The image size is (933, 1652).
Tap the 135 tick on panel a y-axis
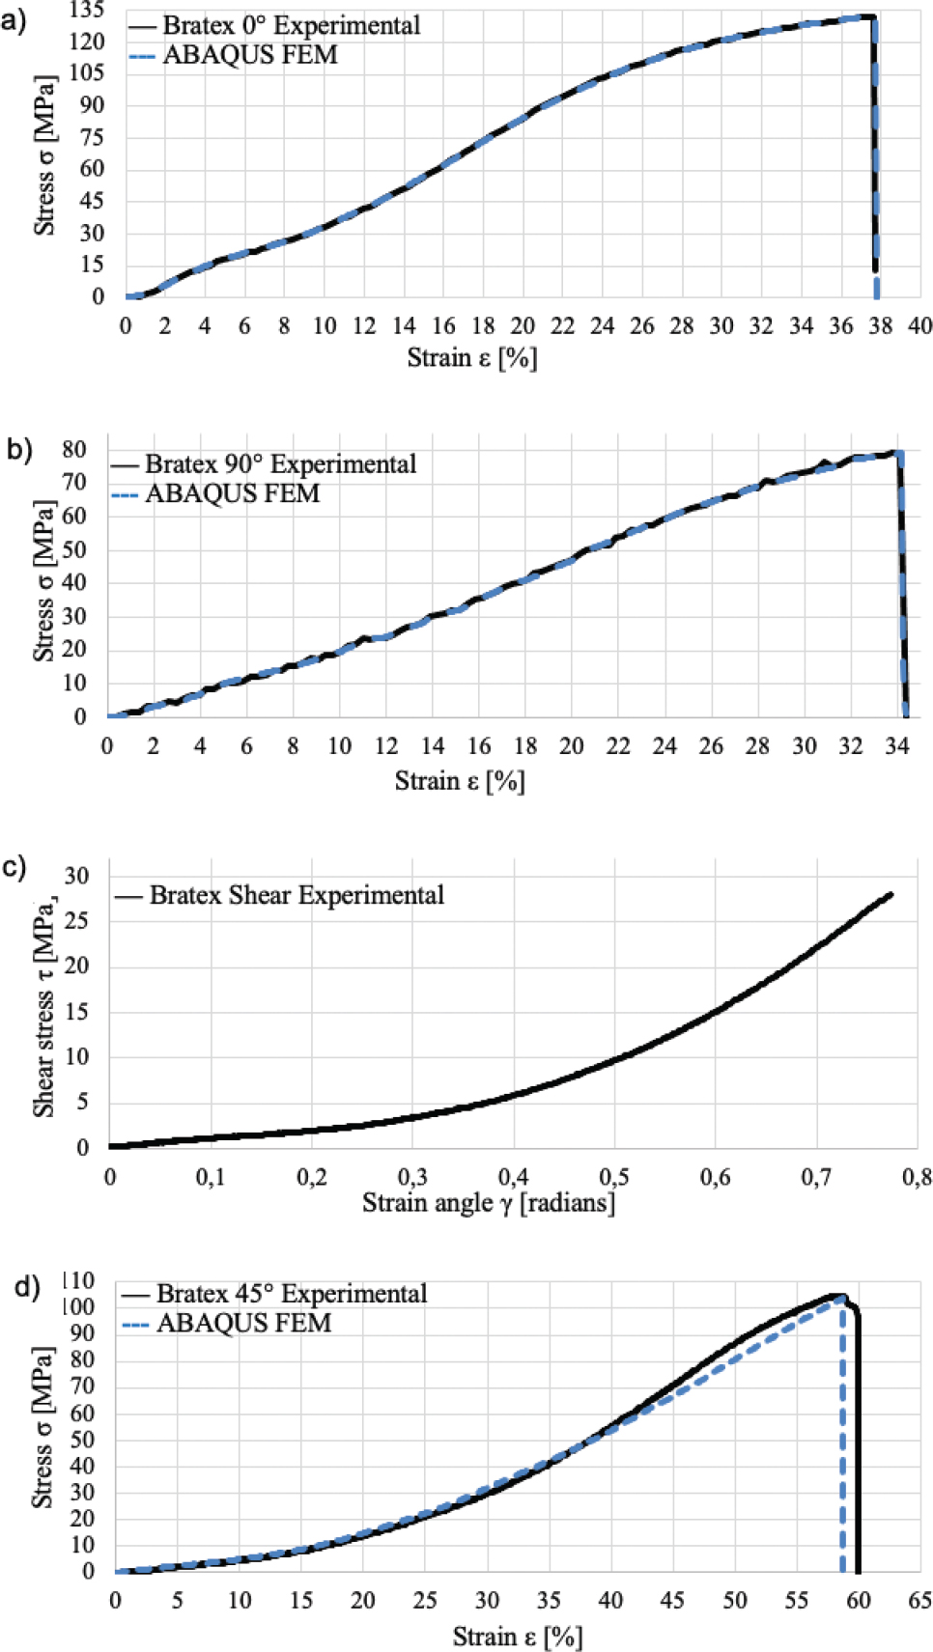point(87,11)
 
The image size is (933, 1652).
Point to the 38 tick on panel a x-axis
point(880,326)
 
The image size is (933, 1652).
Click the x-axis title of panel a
point(471,358)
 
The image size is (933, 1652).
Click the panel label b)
point(19,450)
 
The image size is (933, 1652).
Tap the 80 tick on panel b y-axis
point(73,449)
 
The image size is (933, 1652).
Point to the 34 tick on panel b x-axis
point(897,746)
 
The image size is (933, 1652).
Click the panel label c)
point(14,867)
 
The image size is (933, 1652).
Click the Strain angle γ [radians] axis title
point(488,1203)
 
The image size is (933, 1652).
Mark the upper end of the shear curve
point(890,894)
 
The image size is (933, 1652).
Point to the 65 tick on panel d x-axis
point(920,1601)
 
